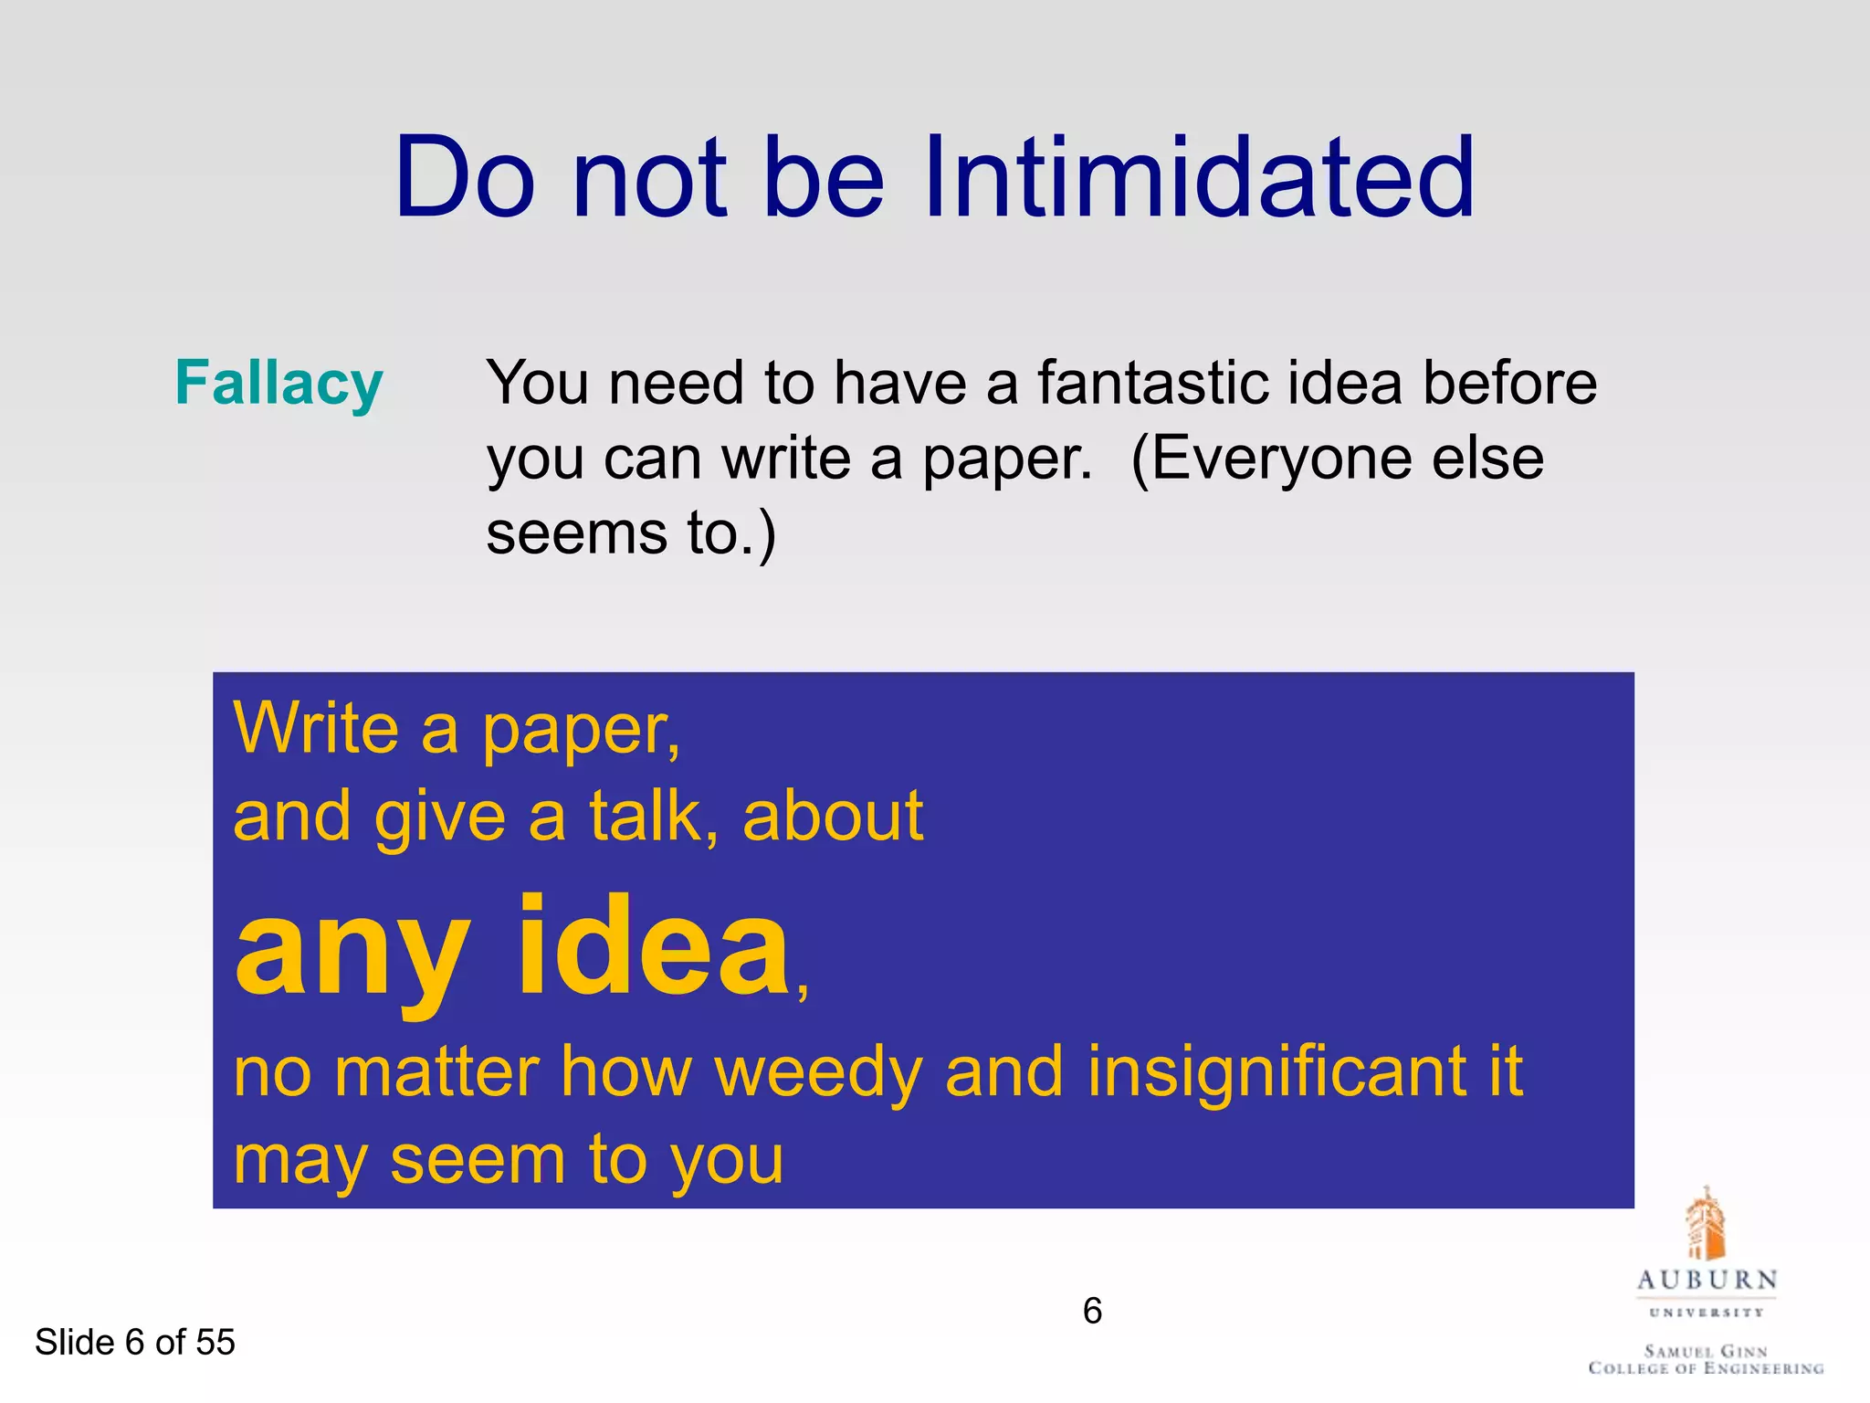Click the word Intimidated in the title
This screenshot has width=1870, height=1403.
1198,177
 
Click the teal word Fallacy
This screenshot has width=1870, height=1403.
278,384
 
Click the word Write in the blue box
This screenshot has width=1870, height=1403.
316,729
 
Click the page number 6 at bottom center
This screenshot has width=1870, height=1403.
1092,1312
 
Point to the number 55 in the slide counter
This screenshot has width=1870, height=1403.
215,1342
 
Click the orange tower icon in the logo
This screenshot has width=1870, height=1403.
1705,1224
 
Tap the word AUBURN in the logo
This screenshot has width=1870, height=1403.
1707,1281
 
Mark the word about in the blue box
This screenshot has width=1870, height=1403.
833,816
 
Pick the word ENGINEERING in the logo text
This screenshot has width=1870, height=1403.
1759,1368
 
